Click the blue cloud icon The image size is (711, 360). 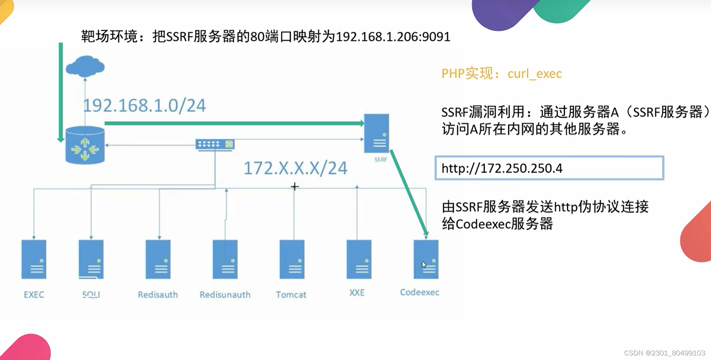click(x=85, y=66)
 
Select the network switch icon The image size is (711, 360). click(x=215, y=144)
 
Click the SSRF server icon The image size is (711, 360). click(x=376, y=133)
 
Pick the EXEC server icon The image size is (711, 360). click(x=34, y=259)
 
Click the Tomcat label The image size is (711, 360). click(x=291, y=295)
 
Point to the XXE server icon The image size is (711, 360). click(x=359, y=259)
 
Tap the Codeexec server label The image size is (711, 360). click(x=419, y=292)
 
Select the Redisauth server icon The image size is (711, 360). click(x=158, y=259)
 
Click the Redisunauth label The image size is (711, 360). click(x=225, y=295)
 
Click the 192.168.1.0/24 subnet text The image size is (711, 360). click(x=144, y=105)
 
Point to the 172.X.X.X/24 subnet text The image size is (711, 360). click(x=295, y=168)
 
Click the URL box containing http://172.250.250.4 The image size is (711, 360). click(x=549, y=168)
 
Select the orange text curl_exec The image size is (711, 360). click(x=534, y=73)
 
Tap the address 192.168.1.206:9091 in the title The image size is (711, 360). click(x=393, y=37)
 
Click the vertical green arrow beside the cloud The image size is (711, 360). click(x=61, y=91)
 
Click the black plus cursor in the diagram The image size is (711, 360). click(x=295, y=186)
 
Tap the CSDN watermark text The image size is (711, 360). click(x=665, y=353)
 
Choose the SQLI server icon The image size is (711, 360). click(x=91, y=259)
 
